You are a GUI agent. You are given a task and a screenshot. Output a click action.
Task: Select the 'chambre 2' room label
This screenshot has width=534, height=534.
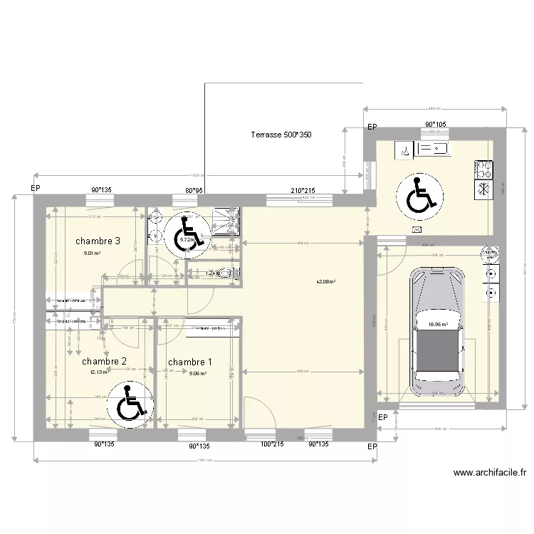(105, 361)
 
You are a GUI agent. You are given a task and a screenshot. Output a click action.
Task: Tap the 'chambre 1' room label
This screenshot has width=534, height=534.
(190, 362)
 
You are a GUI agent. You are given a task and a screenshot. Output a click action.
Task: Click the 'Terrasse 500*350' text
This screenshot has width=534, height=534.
(281, 135)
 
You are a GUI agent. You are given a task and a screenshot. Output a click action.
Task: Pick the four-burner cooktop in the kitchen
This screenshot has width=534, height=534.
(483, 169)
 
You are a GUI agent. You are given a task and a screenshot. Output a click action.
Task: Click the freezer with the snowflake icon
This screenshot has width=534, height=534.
(483, 189)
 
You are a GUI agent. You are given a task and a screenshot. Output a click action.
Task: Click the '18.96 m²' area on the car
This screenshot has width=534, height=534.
(438, 325)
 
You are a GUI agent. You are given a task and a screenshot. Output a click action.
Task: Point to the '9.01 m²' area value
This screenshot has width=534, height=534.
(92, 253)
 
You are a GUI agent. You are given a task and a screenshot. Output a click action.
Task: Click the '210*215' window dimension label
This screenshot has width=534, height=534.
(302, 191)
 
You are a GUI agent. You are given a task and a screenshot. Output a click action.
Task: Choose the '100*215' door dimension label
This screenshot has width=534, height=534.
(272, 444)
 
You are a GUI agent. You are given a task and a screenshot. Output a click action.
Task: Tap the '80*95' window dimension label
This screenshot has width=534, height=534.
(195, 191)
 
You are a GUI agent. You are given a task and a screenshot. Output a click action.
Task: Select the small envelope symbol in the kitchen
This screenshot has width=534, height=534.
(417, 229)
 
